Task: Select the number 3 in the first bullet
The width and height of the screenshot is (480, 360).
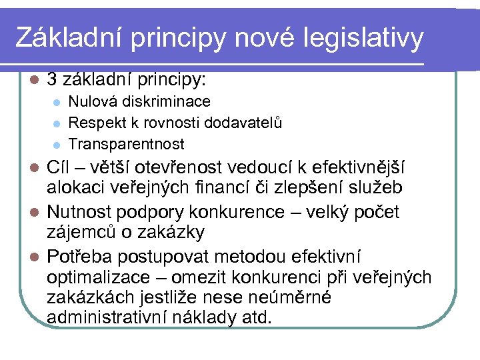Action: (52, 81)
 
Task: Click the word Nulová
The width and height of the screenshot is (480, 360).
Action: (90, 102)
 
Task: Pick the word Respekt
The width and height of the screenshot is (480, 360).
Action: (94, 123)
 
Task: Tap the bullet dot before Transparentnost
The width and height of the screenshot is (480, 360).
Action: (58, 145)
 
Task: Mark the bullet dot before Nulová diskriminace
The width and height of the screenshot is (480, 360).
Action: (58, 103)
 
